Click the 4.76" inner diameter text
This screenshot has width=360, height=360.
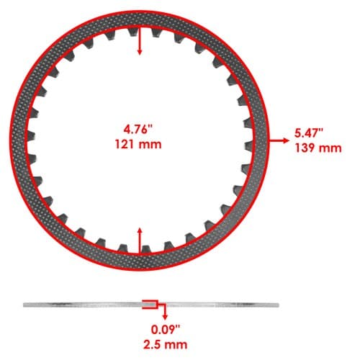(x=138, y=130)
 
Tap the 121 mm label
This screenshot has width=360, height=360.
(x=138, y=145)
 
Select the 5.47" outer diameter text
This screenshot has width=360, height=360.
(x=309, y=133)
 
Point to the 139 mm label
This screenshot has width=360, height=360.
(x=318, y=148)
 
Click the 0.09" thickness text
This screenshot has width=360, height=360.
(x=166, y=330)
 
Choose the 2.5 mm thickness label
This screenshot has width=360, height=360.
(x=166, y=344)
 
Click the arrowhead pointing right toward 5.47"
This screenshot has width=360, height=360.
(x=286, y=140)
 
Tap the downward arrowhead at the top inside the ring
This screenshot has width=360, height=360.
(x=140, y=52)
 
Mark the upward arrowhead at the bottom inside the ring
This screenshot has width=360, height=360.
(x=140, y=230)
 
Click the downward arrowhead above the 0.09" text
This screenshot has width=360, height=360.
(x=165, y=317)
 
